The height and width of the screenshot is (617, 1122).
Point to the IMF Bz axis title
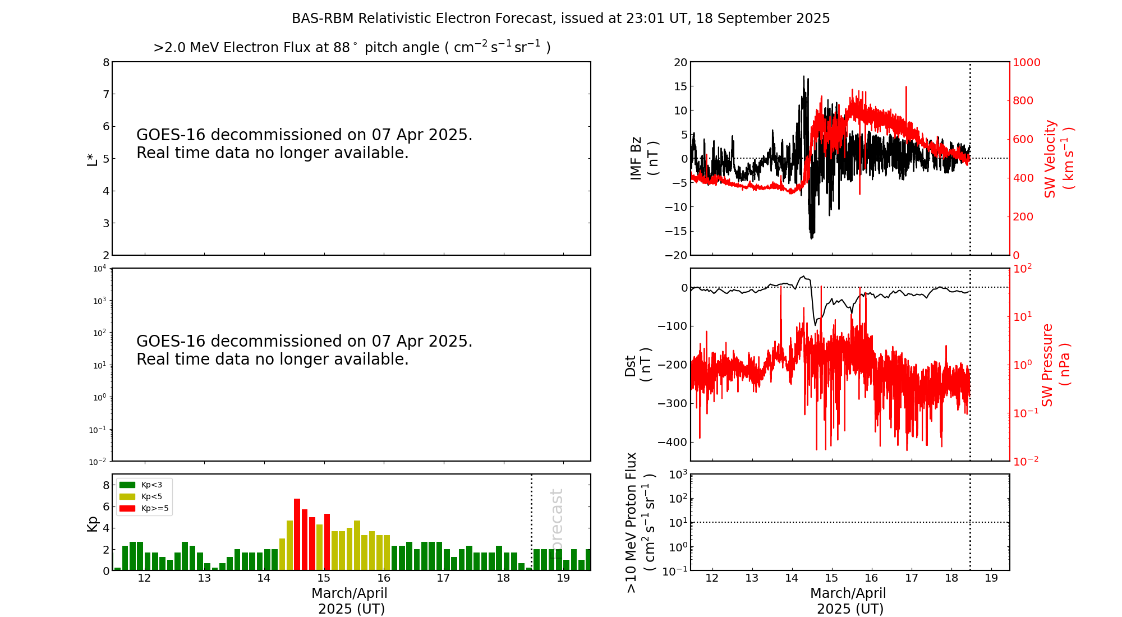[643, 158]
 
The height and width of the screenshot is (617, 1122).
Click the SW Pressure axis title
[1055, 365]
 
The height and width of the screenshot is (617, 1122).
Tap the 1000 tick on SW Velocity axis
[1026, 62]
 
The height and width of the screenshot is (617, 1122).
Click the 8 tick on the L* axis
[106, 62]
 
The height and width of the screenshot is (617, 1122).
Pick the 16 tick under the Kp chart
[384, 578]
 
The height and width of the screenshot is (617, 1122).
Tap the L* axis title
[93, 159]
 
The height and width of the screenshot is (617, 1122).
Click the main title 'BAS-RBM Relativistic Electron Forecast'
[560, 19]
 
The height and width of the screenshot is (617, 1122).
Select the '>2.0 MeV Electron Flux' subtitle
[352, 48]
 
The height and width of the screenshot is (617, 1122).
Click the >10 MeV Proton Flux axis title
[640, 522]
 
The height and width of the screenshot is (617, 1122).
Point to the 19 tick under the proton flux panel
[991, 578]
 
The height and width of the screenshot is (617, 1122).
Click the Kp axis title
[93, 523]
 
